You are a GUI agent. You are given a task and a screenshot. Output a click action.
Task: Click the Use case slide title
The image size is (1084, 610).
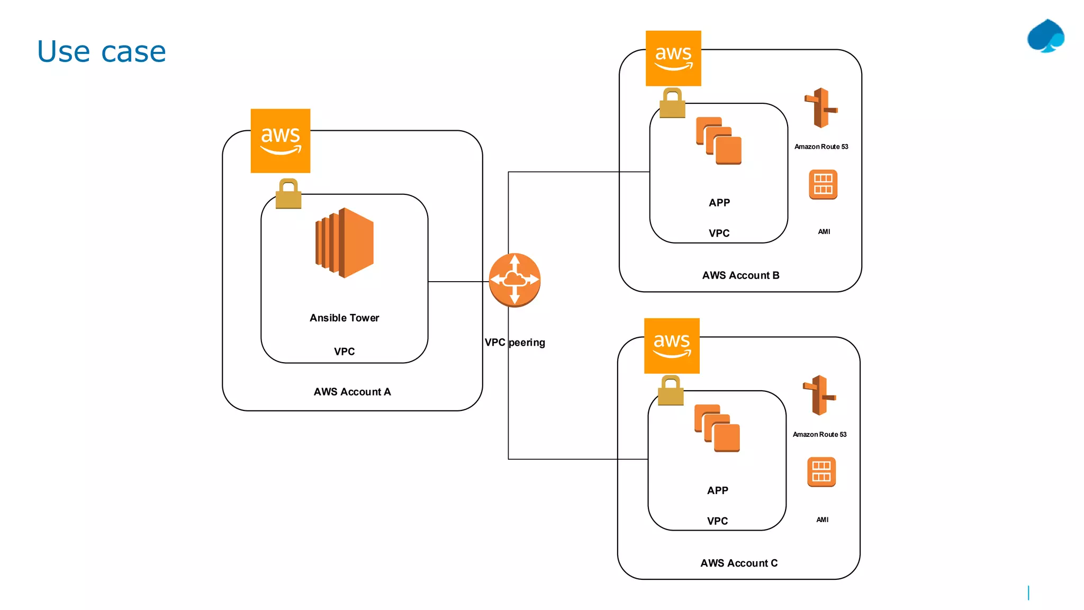(x=101, y=52)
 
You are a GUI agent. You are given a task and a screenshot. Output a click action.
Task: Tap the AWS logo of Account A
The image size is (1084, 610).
(x=281, y=141)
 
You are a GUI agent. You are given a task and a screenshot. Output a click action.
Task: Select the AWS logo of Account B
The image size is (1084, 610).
(x=673, y=58)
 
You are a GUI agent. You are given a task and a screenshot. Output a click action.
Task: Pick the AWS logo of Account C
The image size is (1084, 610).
(x=672, y=346)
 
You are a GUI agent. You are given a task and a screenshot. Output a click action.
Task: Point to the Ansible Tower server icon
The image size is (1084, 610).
(x=345, y=243)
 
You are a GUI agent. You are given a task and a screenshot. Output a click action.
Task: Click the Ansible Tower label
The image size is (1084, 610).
(x=345, y=318)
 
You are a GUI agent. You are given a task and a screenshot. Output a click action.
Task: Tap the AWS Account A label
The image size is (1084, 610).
(x=352, y=392)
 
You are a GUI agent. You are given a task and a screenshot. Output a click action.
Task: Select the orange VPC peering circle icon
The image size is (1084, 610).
(x=514, y=280)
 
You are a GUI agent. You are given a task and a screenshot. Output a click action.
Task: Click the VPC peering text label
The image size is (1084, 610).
(x=514, y=343)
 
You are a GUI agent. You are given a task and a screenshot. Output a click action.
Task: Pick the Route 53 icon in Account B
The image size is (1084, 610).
(x=821, y=108)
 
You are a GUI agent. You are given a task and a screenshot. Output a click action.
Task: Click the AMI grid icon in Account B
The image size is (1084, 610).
(x=823, y=184)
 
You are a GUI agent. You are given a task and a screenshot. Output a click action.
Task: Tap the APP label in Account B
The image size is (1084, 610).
(x=719, y=203)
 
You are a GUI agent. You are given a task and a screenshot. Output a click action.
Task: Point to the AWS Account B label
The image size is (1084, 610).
(x=740, y=275)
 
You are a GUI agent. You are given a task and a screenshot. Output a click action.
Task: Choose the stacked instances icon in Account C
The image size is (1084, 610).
(x=717, y=428)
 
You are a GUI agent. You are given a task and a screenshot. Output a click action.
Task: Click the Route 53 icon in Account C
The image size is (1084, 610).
(x=819, y=396)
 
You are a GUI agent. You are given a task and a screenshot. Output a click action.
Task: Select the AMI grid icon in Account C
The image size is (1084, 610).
(x=821, y=472)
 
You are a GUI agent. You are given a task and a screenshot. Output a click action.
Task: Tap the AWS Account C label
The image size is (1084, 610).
(x=739, y=563)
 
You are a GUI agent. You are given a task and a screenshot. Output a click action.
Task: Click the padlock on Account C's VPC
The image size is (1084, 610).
(x=671, y=391)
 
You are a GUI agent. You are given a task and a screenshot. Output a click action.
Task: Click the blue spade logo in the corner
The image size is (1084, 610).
(x=1046, y=37)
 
